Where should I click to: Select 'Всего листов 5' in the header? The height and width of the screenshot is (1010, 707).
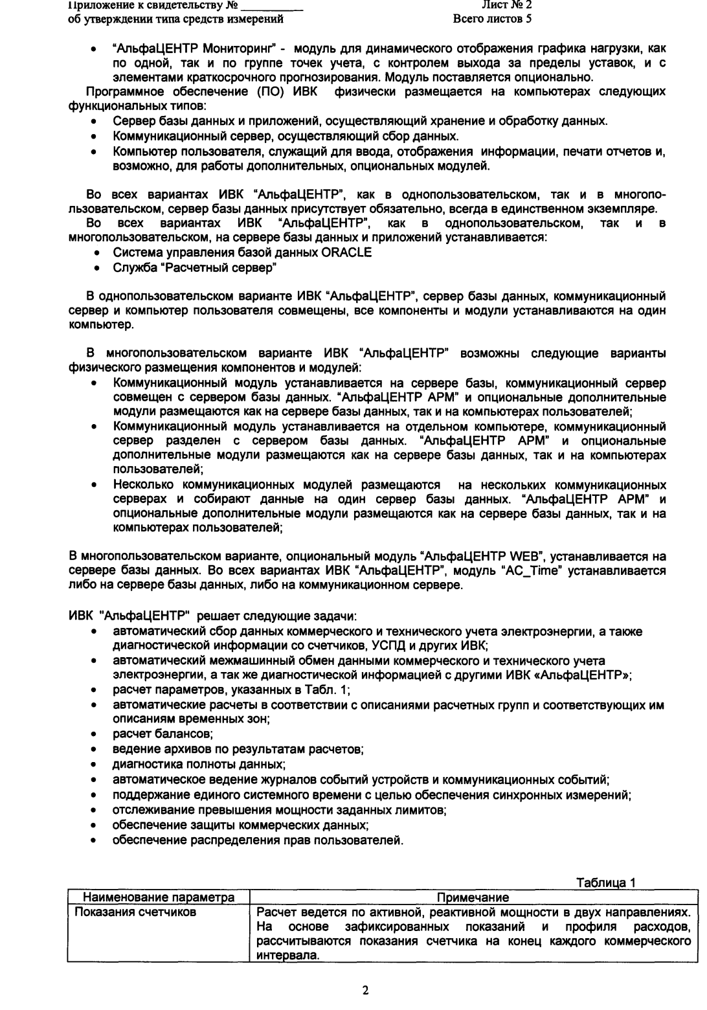click(x=493, y=18)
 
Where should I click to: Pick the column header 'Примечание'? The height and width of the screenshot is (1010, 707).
click(x=473, y=897)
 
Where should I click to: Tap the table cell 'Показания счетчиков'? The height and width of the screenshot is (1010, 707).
click(x=127, y=912)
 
